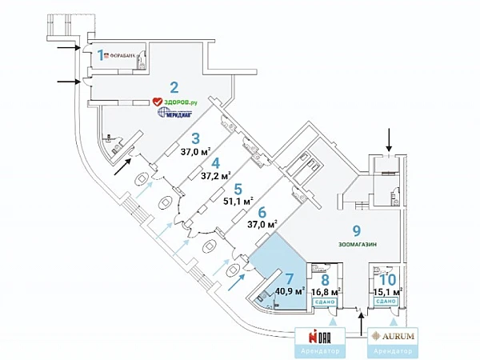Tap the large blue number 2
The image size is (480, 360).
(x=173, y=88)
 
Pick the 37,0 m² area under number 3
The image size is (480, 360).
(x=194, y=150)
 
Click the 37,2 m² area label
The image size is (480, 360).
(x=216, y=175)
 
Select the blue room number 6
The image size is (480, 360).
(x=262, y=213)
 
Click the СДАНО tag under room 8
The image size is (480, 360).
(x=325, y=302)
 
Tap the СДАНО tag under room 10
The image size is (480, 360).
(x=386, y=302)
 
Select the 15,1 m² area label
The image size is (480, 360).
(x=386, y=292)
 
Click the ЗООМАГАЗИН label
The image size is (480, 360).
(x=357, y=244)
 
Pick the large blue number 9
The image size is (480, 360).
(x=357, y=230)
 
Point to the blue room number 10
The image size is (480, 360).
(x=386, y=278)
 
